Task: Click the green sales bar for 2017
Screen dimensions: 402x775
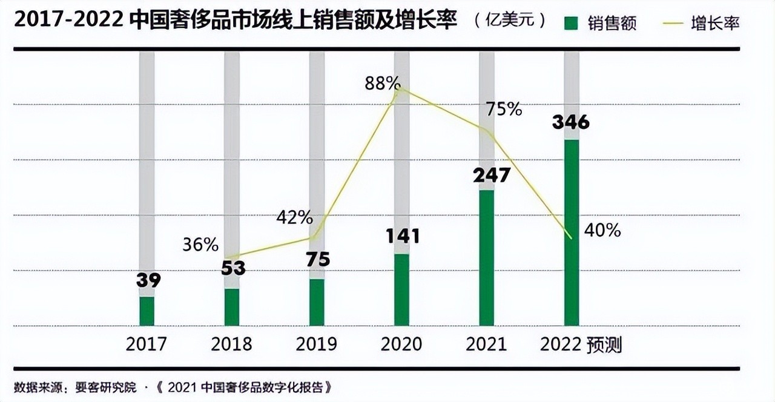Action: (x=147, y=311)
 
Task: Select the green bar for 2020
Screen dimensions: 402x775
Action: (x=401, y=289)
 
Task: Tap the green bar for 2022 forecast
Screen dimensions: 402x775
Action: (x=572, y=233)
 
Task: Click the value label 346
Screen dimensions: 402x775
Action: (x=570, y=122)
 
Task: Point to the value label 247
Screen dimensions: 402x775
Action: (x=492, y=175)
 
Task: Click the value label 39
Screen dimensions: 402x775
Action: (x=148, y=281)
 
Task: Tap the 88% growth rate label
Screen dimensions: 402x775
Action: (x=381, y=84)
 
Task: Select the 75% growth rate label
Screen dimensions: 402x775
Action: (x=503, y=109)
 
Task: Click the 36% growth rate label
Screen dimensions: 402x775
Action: (x=200, y=245)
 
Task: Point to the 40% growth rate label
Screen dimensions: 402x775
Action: (x=602, y=230)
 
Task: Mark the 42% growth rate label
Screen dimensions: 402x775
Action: (x=294, y=217)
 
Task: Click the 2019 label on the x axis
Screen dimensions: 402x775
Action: (x=316, y=344)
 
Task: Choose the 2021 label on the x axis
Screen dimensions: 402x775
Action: (x=486, y=344)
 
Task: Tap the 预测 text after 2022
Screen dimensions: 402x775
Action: (x=604, y=345)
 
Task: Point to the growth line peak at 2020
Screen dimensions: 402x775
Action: (x=400, y=89)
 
